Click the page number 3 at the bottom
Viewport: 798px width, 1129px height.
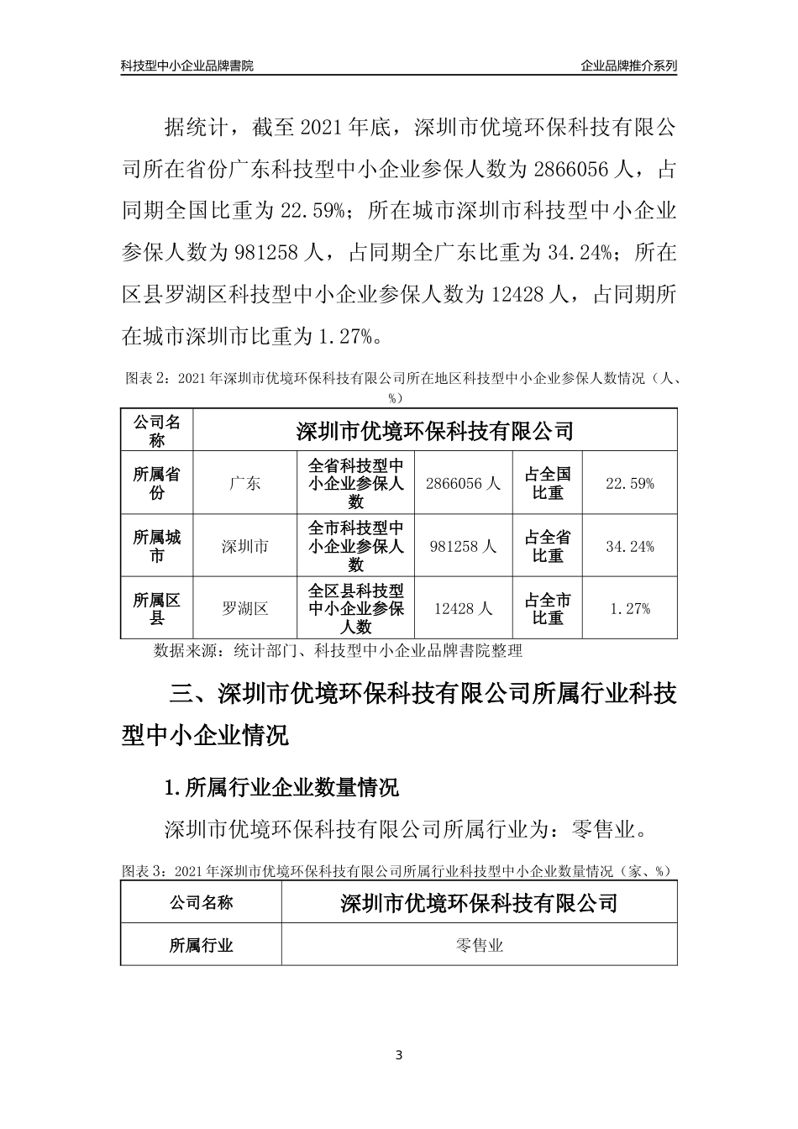399,1055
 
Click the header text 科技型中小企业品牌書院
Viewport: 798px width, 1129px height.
186,65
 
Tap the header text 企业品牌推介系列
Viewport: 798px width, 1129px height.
628,65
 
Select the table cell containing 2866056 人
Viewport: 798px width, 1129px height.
463,483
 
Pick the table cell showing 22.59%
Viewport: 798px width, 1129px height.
629,483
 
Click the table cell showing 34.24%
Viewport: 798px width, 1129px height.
629,546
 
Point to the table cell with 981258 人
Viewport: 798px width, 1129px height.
463,546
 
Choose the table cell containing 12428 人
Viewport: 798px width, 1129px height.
463,609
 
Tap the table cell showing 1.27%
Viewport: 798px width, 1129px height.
629,609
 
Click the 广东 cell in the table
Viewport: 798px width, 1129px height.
245,483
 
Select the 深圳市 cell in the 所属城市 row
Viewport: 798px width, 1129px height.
245,546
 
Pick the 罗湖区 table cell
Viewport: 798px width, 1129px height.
245,609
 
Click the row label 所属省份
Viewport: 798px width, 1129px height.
157,483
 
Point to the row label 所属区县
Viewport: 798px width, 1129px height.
157,609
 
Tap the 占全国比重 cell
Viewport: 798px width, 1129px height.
548,483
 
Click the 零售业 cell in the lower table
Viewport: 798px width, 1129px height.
479,945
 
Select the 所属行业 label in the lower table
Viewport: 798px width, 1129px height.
202,945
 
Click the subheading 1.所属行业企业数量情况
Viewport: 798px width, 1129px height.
282,787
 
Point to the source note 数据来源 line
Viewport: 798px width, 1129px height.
338,650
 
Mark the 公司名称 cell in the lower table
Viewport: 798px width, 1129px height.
202,903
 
